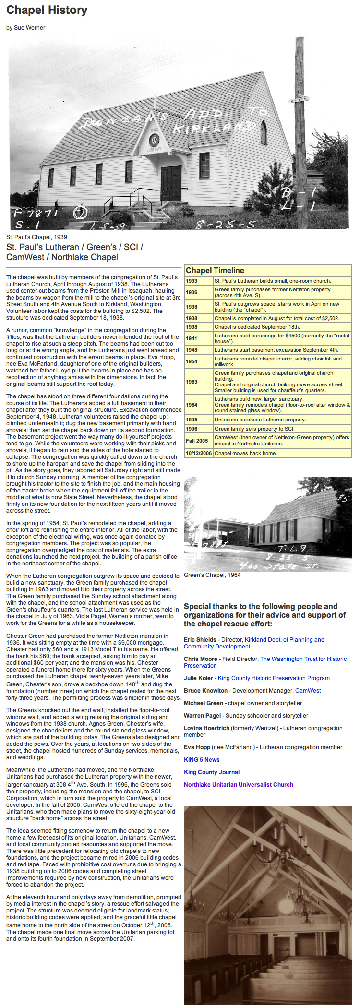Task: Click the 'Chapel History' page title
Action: pyautogui.click(x=47, y=10)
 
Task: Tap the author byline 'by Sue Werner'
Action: pyautogui.click(x=26, y=28)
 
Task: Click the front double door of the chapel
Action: pyautogui.click(x=171, y=183)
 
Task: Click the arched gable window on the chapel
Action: pyautogui.click(x=264, y=132)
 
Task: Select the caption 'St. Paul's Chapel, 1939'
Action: pyautogui.click(x=36, y=237)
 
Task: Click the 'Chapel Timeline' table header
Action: pyautogui.click(x=215, y=271)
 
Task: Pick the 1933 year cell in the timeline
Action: pyautogui.click(x=192, y=281)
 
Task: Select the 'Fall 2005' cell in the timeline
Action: pyautogui.click(x=197, y=440)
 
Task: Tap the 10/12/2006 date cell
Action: pyautogui.click(x=198, y=453)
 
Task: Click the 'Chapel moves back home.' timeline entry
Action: pyautogui.click(x=246, y=453)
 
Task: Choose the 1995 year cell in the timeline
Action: pyautogui.click(x=192, y=420)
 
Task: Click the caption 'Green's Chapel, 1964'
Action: pyautogui.click(x=212, y=575)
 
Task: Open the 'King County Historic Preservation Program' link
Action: pyautogui.click(x=274, y=678)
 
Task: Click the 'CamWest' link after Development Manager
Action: pyautogui.click(x=308, y=691)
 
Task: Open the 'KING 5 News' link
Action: pyautogui.click(x=202, y=760)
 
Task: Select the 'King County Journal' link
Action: pyautogui.click(x=212, y=772)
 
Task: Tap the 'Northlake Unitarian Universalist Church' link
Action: pyautogui.click(x=239, y=785)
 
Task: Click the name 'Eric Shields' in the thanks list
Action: pyautogui.click(x=200, y=640)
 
